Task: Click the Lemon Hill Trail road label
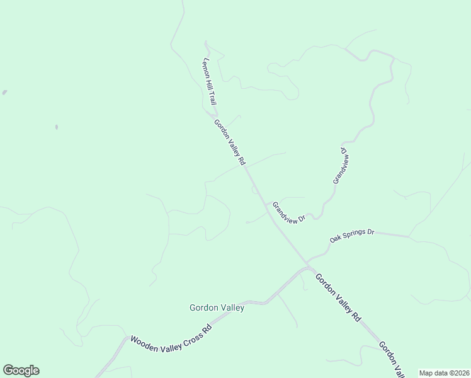click(210, 81)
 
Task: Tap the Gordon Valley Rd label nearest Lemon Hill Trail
click(229, 142)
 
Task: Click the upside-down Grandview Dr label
click(341, 165)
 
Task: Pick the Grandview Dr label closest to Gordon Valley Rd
click(288, 212)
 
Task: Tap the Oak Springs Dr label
click(352, 236)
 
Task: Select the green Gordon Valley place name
click(217, 308)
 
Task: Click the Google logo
click(21, 370)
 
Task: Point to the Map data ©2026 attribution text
click(445, 373)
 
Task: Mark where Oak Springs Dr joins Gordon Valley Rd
click(307, 261)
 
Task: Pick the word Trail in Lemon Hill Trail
click(213, 96)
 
